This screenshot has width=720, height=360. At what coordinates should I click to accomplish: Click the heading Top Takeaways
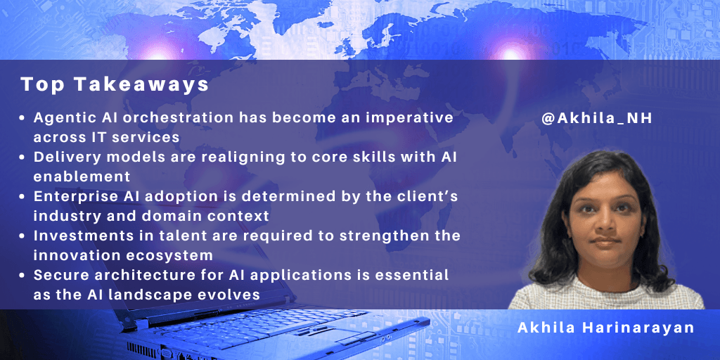(115, 85)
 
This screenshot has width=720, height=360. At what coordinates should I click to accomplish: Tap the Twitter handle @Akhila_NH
(597, 119)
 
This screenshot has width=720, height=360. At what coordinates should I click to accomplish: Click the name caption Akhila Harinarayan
(605, 328)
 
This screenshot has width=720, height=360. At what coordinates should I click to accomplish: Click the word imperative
(411, 117)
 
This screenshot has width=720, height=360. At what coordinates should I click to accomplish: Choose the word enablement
(70, 176)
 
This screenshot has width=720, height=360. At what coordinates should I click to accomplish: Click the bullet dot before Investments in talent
(23, 235)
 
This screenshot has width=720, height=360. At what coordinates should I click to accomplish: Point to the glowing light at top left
(158, 53)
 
